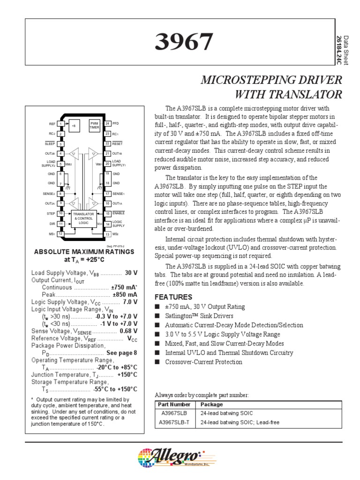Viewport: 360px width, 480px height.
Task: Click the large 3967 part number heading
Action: [184, 42]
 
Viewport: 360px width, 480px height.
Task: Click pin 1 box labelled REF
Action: [60, 124]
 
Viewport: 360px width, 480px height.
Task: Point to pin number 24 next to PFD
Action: [108, 124]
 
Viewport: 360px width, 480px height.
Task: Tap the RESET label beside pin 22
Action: [118, 143]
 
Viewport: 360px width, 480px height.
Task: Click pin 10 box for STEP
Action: [60, 213]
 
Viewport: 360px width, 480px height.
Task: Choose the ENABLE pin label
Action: [119, 213]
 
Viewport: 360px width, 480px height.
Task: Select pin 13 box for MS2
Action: [108, 234]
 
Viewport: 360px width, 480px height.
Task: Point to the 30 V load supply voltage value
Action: [131, 273]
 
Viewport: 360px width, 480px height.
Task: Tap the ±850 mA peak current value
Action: [125, 294]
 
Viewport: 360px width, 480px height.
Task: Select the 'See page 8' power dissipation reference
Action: [122, 352]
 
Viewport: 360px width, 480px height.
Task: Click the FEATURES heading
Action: [173, 297]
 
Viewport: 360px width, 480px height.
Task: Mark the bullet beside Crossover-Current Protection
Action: [157, 362]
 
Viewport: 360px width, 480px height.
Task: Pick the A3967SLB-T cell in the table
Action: [172, 422]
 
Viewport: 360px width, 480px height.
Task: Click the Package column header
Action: [211, 405]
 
